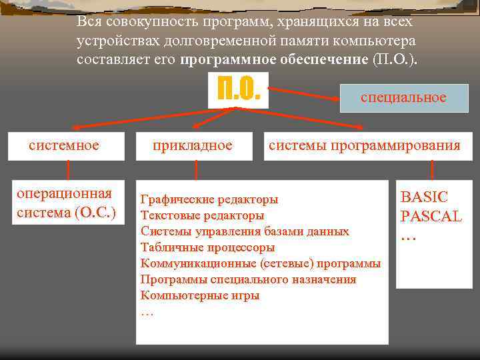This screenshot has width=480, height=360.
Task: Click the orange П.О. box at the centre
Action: (238, 89)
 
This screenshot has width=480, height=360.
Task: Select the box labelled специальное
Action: (403, 98)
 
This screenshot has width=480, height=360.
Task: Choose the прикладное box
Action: (193, 145)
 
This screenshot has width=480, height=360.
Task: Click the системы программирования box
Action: (364, 145)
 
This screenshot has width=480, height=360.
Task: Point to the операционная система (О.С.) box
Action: (66, 203)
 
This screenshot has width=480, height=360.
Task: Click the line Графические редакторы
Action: (209, 199)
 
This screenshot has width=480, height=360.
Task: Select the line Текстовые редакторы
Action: (202, 215)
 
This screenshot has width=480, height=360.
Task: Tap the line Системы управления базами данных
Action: (245, 231)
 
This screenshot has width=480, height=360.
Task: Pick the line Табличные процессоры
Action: (207, 247)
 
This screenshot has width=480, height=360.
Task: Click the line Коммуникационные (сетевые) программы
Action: (261, 263)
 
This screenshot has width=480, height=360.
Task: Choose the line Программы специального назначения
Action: (248, 279)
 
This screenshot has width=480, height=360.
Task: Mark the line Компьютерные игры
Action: (200, 295)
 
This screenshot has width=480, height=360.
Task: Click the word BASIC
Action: (424, 197)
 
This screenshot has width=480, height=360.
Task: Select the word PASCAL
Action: (431, 217)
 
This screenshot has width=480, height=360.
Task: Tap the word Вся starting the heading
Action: (89, 21)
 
